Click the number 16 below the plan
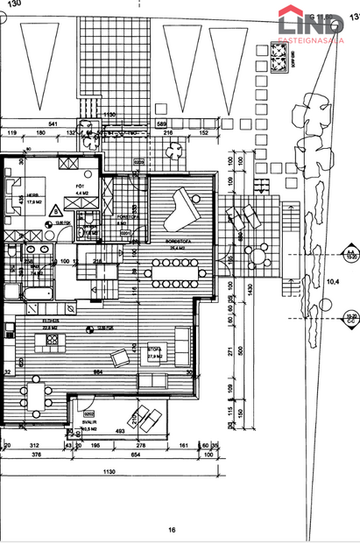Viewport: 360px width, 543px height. click(173, 530)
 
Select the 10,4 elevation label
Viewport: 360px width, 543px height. click(333, 282)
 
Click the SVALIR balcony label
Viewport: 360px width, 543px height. click(88, 420)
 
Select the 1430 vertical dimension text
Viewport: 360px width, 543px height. click(249, 289)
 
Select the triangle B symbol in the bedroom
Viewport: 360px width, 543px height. click(56, 210)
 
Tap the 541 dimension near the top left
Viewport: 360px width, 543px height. click(53, 125)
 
